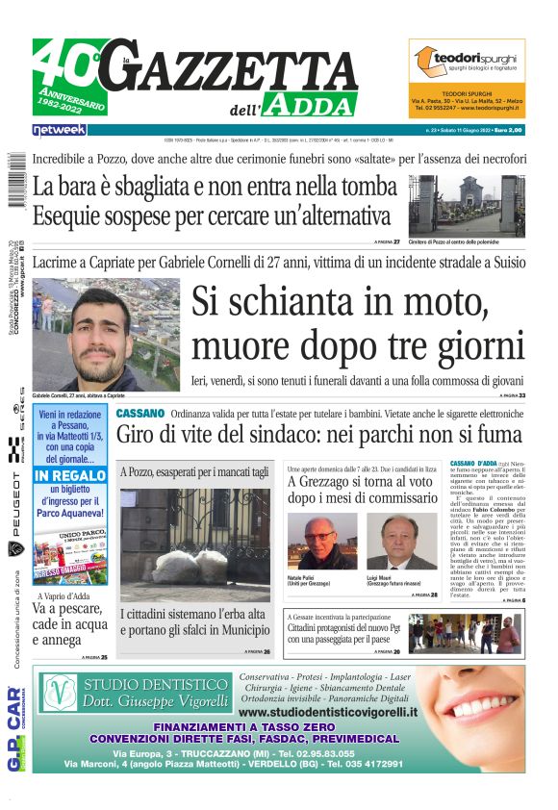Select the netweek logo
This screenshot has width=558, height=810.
(x=59, y=129)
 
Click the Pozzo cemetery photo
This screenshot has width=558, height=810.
(x=467, y=204)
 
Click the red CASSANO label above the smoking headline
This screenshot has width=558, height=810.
(x=140, y=413)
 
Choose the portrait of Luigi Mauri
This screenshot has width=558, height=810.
(x=401, y=541)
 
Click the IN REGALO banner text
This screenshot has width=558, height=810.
(x=69, y=476)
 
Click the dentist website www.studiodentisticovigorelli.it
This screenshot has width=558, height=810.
(x=328, y=712)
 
